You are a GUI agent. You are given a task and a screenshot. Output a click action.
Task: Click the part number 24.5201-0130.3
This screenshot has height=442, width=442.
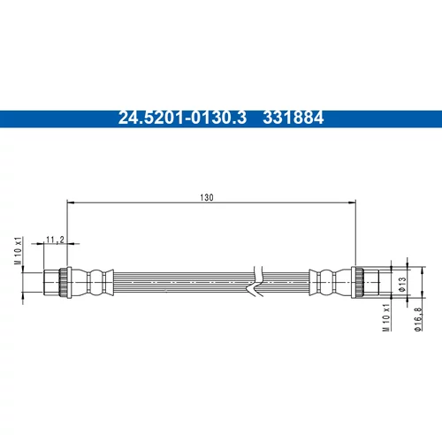click(x=182, y=118)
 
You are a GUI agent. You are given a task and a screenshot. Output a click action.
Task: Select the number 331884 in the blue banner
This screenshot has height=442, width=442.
click(x=293, y=118)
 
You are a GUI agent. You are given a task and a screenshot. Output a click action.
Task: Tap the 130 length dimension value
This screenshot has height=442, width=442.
click(x=207, y=197)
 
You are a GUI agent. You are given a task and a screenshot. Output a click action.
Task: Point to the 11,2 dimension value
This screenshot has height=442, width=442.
click(x=55, y=240)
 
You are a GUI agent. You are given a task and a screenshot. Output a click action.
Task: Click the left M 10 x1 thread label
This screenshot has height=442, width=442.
click(x=19, y=250)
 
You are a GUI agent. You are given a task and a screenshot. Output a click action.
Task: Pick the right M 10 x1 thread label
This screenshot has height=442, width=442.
click(x=386, y=317)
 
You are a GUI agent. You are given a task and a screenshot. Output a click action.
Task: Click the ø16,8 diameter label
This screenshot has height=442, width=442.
click(x=418, y=319)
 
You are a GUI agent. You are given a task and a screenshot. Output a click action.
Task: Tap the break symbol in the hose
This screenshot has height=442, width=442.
click(x=255, y=281)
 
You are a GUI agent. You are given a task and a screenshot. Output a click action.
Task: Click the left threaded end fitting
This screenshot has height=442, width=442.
click(x=51, y=282)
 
